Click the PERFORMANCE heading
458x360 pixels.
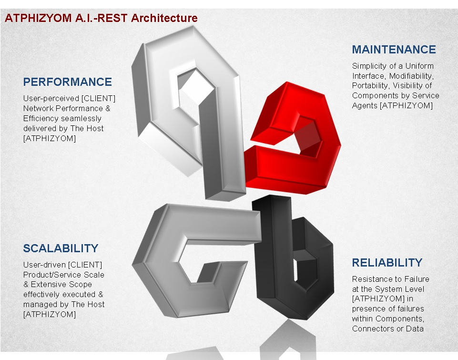[x=68, y=82]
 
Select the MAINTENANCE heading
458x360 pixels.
[x=394, y=50]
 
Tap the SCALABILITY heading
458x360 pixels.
[x=61, y=248]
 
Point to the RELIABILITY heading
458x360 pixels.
[x=387, y=262]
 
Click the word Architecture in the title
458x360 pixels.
[x=164, y=18]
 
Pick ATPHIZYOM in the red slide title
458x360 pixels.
[x=38, y=18]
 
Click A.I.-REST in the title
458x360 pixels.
[x=101, y=18]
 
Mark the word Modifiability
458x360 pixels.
[x=411, y=76]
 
